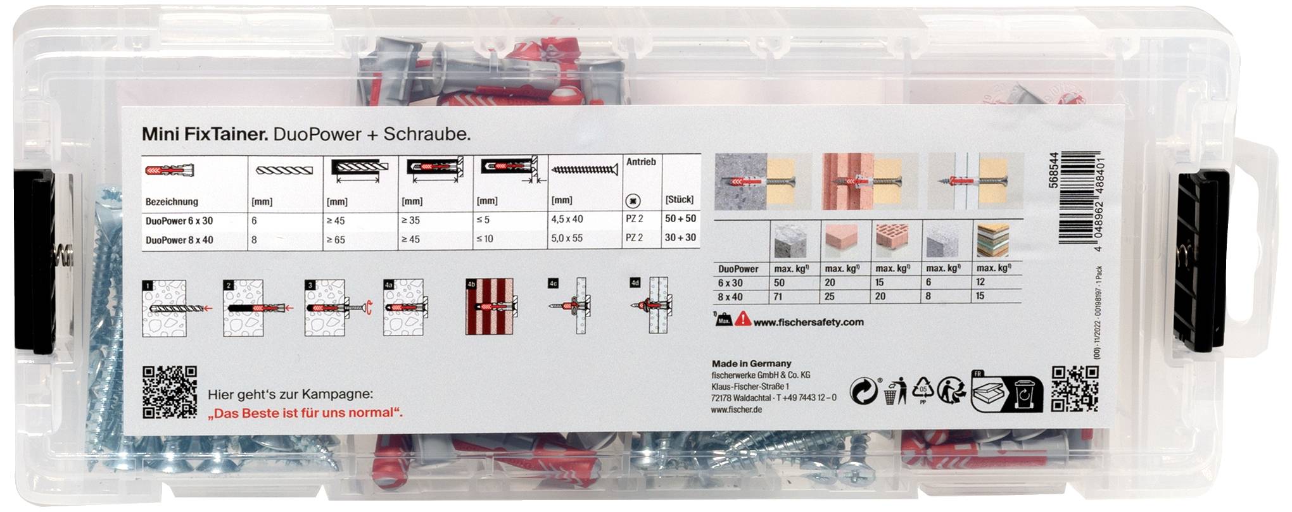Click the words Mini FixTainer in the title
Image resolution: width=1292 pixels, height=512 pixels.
tap(206, 134)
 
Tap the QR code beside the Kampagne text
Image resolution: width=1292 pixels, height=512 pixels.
tap(169, 392)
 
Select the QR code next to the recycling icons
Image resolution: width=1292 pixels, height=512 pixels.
tap(1075, 389)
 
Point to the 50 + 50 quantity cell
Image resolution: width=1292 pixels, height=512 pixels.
tap(680, 219)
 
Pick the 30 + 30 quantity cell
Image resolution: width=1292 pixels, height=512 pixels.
tap(680, 238)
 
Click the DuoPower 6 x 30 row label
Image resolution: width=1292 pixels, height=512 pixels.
tap(179, 221)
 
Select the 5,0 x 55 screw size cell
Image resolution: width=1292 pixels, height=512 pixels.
tap(567, 238)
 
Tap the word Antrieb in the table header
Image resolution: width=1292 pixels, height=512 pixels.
tap(641, 162)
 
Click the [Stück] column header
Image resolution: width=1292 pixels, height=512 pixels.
tap(679, 199)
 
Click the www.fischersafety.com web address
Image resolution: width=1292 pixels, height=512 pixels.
tap(808, 322)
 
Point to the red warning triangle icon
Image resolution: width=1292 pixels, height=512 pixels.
tap(743, 319)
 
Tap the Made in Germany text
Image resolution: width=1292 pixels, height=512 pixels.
tap(751, 364)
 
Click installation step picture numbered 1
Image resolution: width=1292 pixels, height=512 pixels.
tap(165, 308)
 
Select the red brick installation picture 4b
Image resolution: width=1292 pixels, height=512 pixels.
tap(489, 306)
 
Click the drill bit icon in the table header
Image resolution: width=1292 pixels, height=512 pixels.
tap(284, 170)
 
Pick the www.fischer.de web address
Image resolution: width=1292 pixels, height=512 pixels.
tap(736, 409)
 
